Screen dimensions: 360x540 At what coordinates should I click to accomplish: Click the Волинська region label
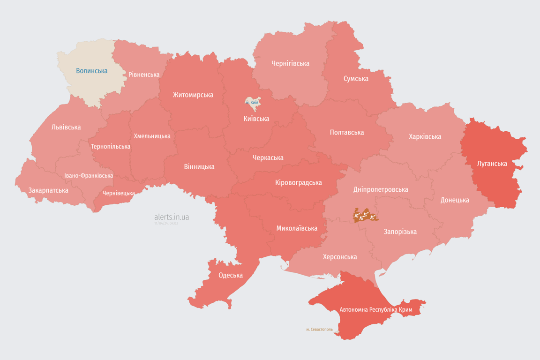point(92,71)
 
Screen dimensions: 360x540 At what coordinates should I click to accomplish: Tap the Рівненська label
point(144,75)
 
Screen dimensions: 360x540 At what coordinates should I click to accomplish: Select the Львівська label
point(66,127)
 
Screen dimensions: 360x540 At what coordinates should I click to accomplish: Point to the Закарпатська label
point(48,190)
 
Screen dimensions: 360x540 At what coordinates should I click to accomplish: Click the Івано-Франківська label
point(89,176)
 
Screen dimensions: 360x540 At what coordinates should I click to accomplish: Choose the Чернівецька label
point(119,193)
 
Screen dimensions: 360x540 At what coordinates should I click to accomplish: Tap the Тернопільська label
point(111,146)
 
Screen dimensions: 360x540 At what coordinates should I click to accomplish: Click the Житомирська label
point(193,95)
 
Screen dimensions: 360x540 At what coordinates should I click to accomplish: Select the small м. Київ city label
point(252,102)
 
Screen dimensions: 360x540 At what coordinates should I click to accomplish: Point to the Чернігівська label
point(290,63)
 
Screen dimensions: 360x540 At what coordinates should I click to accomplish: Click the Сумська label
point(356,78)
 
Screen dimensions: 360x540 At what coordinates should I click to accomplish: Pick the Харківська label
point(425,136)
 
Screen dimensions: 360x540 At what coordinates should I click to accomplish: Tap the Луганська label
point(492,164)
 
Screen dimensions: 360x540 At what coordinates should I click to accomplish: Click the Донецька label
point(455,200)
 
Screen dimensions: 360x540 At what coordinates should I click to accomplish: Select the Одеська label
point(231,275)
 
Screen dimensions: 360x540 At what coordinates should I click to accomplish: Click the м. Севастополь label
point(319,330)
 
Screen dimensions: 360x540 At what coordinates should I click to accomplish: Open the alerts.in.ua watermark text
point(172,217)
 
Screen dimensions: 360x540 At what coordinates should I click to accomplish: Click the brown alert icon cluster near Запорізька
point(365,216)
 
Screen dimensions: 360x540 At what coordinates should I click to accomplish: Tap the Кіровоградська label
point(298,182)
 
